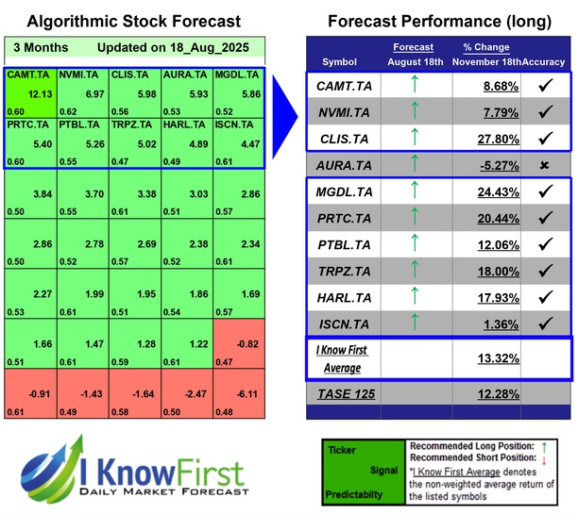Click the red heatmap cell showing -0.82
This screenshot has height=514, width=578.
[239, 343]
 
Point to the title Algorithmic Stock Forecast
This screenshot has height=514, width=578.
[133, 21]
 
